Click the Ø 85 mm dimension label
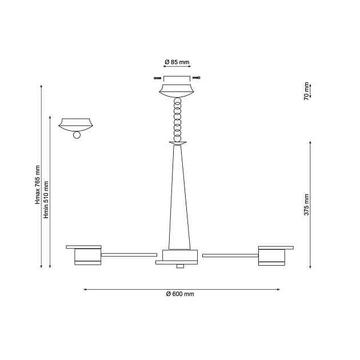point(177,62)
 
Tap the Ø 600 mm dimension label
point(180,294)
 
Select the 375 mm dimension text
point(306,205)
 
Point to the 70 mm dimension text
point(306,91)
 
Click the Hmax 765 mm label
point(37,185)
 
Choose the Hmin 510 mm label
point(46,200)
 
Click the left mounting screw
point(157,78)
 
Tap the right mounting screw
point(197,78)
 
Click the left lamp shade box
point(87,257)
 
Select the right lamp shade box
point(271,257)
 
